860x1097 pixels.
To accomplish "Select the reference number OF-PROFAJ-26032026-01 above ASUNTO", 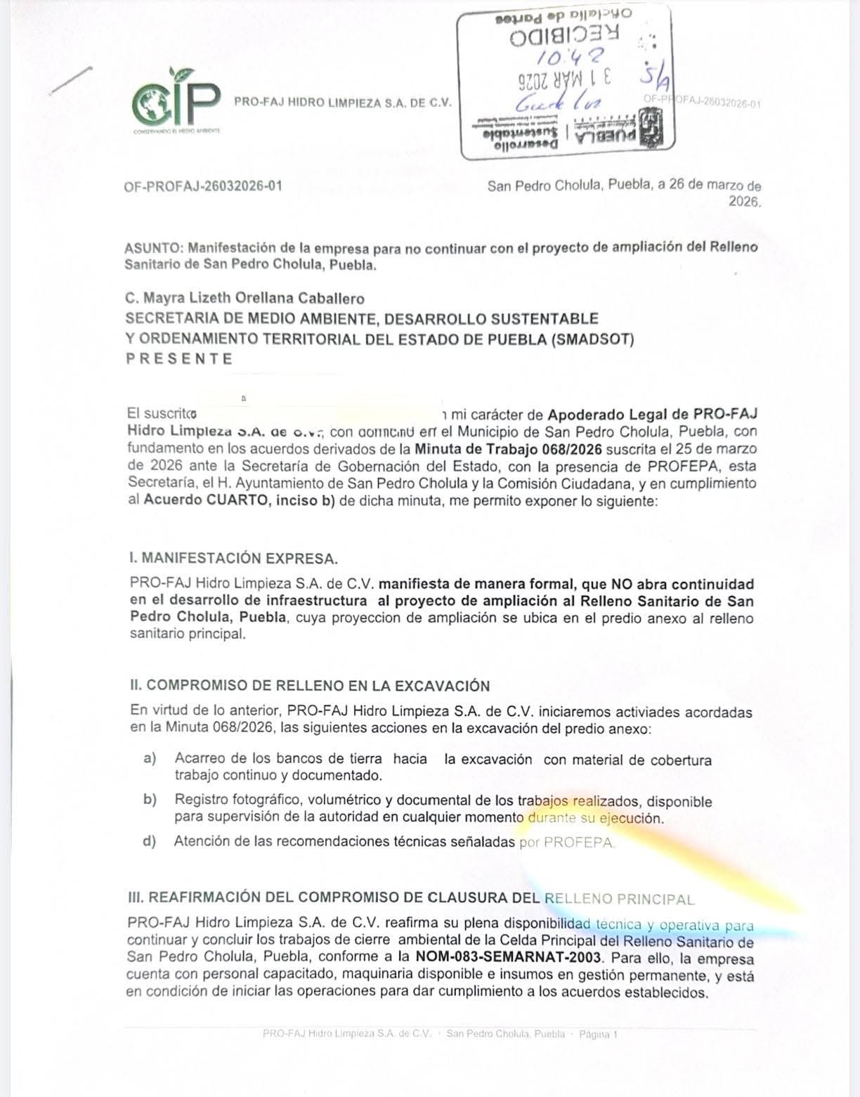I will (203, 186).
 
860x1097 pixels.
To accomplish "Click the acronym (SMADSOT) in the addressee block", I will (593, 339).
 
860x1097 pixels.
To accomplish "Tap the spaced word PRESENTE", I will (179, 358).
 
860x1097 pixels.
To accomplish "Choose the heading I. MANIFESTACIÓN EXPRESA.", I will (233, 559).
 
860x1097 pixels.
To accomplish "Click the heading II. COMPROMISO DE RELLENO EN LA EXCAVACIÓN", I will (310, 686).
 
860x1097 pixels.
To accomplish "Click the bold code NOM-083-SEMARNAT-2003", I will (509, 957).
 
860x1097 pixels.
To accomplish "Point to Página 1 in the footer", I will (598, 1034).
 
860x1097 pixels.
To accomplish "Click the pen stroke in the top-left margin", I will (70, 81).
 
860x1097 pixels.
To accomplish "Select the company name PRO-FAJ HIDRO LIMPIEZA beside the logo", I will (342, 103).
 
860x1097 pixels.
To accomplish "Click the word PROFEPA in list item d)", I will (579, 842).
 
